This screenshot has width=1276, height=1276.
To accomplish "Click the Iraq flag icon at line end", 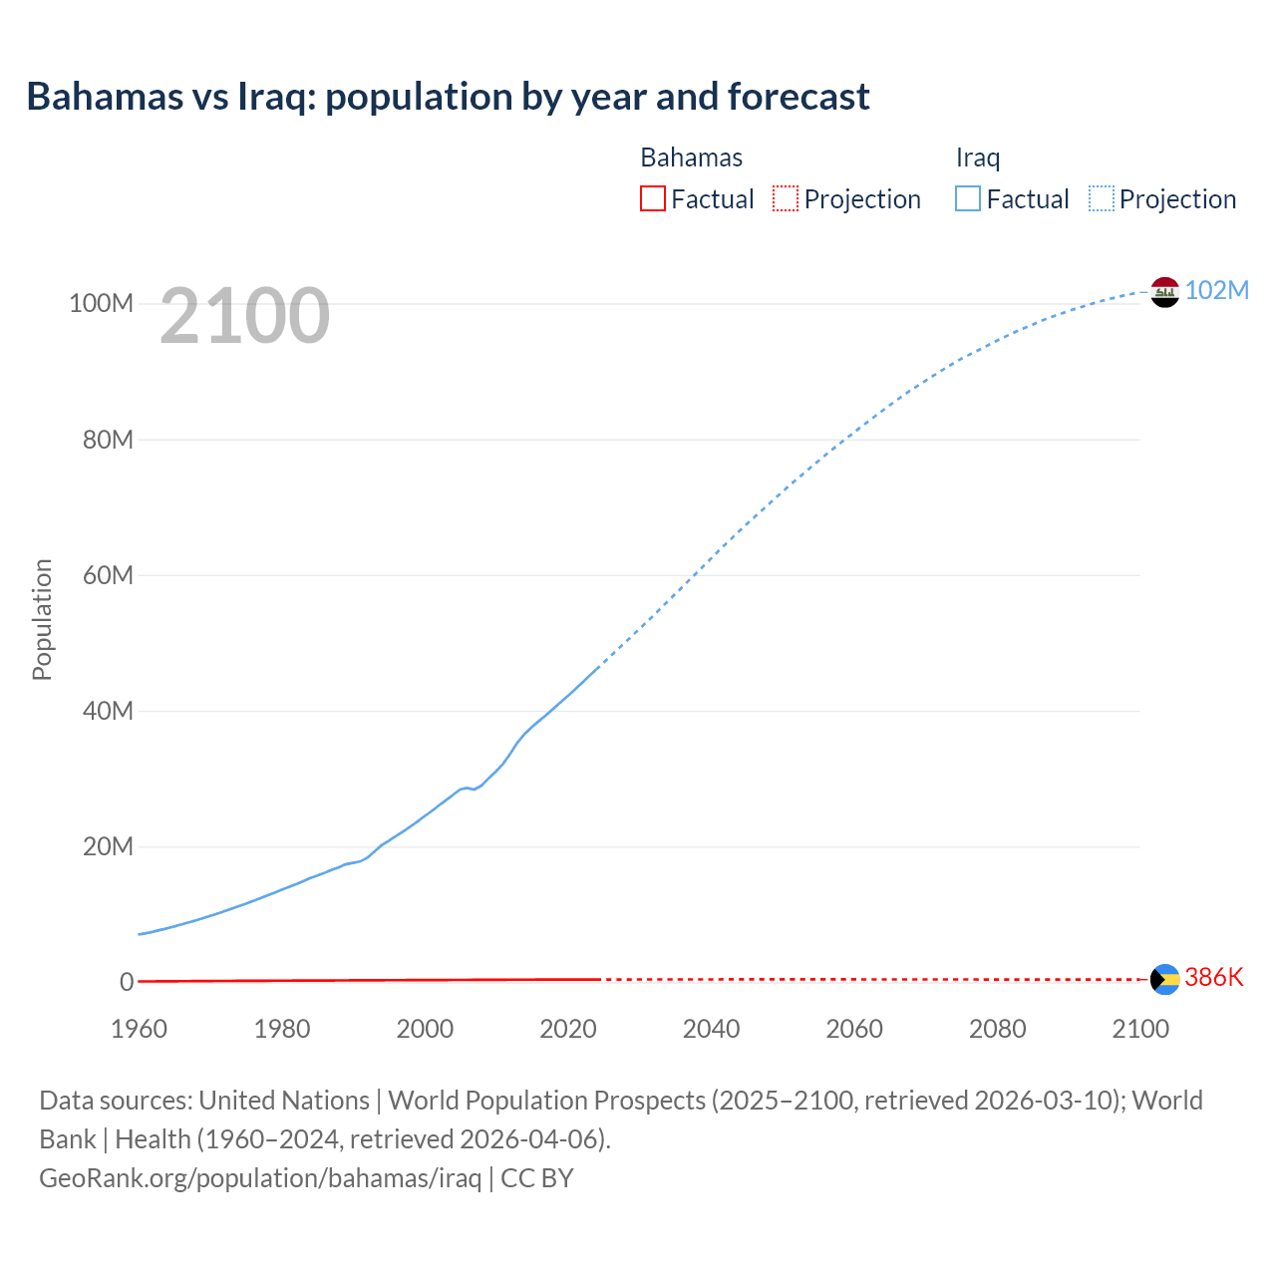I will click(x=1164, y=292).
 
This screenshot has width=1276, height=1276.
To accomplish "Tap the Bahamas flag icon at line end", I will click(x=1164, y=979).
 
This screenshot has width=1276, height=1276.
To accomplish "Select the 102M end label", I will click(x=1216, y=290).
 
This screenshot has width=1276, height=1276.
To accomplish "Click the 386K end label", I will click(x=1214, y=977).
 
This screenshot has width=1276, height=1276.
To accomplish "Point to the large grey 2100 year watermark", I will click(x=244, y=316).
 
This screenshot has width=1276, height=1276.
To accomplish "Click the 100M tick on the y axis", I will click(x=101, y=303).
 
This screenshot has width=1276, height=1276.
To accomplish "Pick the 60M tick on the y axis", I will click(x=108, y=575).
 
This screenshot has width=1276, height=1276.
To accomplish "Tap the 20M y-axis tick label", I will click(x=108, y=846).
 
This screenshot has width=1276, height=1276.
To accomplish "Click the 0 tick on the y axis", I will click(x=127, y=982).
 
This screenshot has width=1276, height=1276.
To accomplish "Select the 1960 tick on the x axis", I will click(x=139, y=1029).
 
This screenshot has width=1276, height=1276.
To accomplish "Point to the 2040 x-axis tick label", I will click(x=711, y=1029).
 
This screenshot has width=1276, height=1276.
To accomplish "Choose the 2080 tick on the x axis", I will click(x=997, y=1029).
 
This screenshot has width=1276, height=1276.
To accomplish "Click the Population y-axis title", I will click(x=42, y=619).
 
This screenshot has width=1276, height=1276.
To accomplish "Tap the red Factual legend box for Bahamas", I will click(x=652, y=199).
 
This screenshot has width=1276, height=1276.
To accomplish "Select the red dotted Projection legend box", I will click(x=786, y=199).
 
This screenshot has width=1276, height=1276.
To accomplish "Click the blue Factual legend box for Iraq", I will click(x=967, y=199).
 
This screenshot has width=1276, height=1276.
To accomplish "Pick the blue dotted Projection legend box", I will click(x=1101, y=199).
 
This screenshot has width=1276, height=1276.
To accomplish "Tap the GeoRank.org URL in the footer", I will click(x=260, y=1178).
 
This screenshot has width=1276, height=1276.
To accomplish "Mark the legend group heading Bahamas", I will click(x=691, y=158).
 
